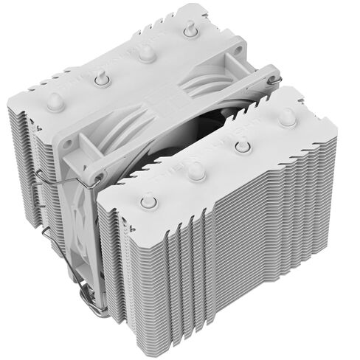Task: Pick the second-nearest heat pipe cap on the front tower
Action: click(x=195, y=171)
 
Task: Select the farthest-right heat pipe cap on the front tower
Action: click(x=287, y=116)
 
